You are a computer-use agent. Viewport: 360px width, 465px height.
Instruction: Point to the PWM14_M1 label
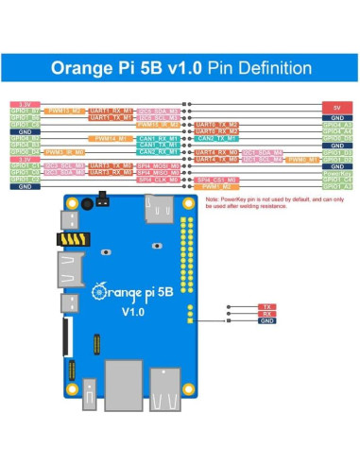pyautogui.click(x=110, y=138)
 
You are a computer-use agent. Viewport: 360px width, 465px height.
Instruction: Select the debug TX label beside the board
pyautogui.click(x=266, y=306)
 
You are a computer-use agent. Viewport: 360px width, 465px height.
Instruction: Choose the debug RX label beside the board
pyautogui.click(x=266, y=314)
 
